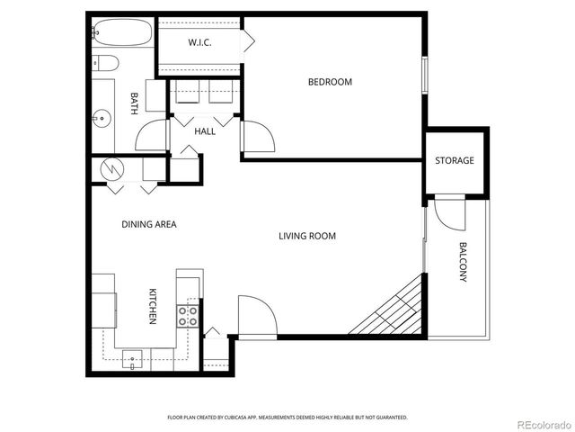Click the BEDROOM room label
coord(330,82)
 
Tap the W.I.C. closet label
coord(199,43)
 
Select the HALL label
coord(205,131)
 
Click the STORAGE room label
coord(454,161)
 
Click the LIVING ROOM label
coord(306,237)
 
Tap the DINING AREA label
coord(148,224)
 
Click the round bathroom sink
coord(102,116)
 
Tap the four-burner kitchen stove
coord(189,315)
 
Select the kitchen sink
coord(133,358)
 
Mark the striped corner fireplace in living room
coord(395,310)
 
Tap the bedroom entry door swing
coord(258,138)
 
